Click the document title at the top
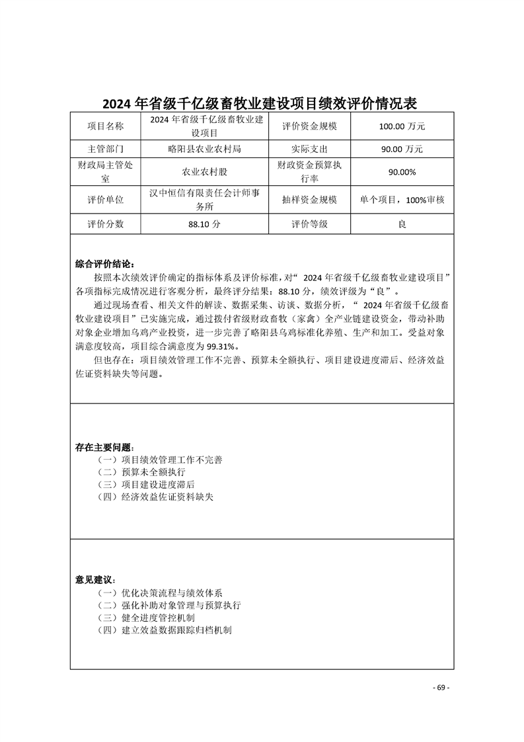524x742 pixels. point(262,103)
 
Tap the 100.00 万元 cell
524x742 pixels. point(402,126)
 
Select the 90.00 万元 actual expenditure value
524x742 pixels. point(402,149)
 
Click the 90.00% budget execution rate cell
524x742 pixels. point(402,172)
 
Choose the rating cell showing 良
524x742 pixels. point(402,224)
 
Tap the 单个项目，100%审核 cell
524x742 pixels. point(402,200)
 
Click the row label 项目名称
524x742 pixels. point(106,126)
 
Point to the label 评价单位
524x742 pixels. point(106,200)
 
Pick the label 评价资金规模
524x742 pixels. point(309,126)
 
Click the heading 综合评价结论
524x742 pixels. point(104,264)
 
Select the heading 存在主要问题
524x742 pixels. point(104,448)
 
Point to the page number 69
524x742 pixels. point(441,688)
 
